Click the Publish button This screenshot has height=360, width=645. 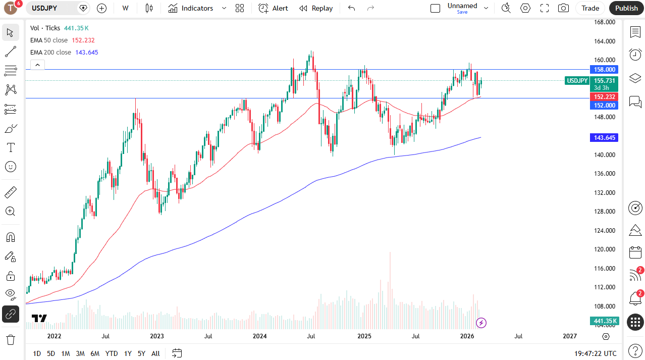[x=626, y=8]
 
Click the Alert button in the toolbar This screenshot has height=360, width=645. [x=274, y=8]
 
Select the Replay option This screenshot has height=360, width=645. [x=316, y=8]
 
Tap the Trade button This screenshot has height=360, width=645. [x=590, y=8]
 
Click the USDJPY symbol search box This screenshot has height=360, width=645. [x=53, y=8]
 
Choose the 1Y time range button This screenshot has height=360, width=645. [x=128, y=353]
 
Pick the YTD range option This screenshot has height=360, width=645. [x=112, y=353]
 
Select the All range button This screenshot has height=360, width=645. [x=155, y=353]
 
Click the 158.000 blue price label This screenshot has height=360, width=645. [x=604, y=70]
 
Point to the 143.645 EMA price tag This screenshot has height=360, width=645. [x=604, y=138]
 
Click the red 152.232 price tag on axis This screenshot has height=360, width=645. [x=604, y=96]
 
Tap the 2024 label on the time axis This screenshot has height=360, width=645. [x=259, y=336]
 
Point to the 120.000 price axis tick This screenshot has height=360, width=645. [x=604, y=249]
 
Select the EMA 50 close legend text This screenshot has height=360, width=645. [x=49, y=40]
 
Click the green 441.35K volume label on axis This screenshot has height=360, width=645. [x=604, y=321]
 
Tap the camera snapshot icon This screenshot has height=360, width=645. [x=563, y=8]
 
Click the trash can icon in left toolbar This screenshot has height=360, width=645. [x=11, y=339]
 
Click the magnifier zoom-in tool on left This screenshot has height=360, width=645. [x=11, y=211]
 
